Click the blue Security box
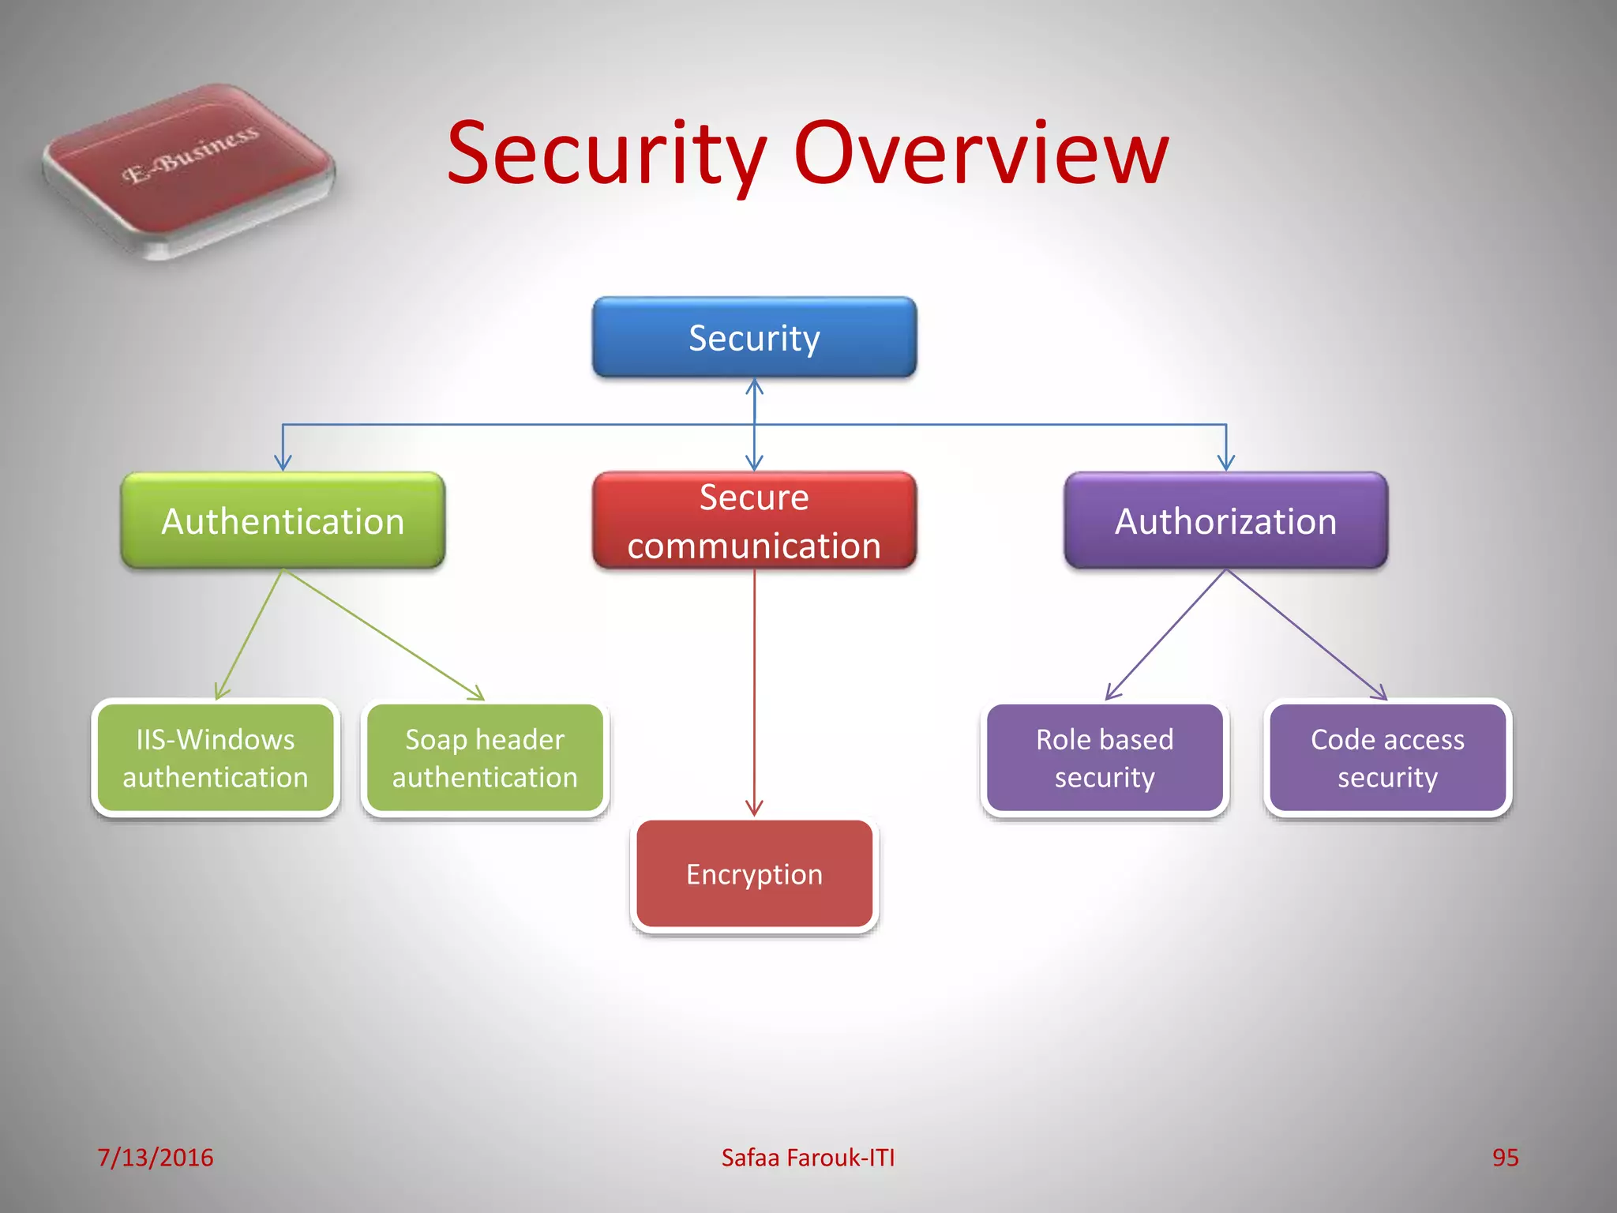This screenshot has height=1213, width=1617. [x=754, y=337]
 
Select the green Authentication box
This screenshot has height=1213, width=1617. [x=283, y=520]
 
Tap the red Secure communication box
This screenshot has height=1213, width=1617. [x=754, y=520]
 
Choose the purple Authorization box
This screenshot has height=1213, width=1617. [x=1225, y=520]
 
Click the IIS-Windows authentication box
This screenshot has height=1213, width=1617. [x=216, y=758]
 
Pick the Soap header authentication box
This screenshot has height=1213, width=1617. [x=485, y=758]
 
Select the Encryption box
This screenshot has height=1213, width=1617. [x=754, y=874]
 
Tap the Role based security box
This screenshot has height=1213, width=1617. [x=1105, y=758]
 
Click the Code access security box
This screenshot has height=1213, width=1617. [x=1387, y=758]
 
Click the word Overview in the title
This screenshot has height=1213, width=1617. [x=981, y=153]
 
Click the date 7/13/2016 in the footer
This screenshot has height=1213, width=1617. [x=156, y=1157]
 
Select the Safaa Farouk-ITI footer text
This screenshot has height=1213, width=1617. [x=808, y=1157]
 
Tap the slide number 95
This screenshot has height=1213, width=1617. [x=1505, y=1157]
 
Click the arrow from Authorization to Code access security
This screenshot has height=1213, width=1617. [x=1307, y=635]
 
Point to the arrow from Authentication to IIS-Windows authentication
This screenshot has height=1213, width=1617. [x=249, y=634]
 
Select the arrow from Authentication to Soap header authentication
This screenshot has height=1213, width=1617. [x=383, y=634]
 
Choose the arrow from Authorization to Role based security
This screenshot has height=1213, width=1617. [x=1165, y=635]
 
